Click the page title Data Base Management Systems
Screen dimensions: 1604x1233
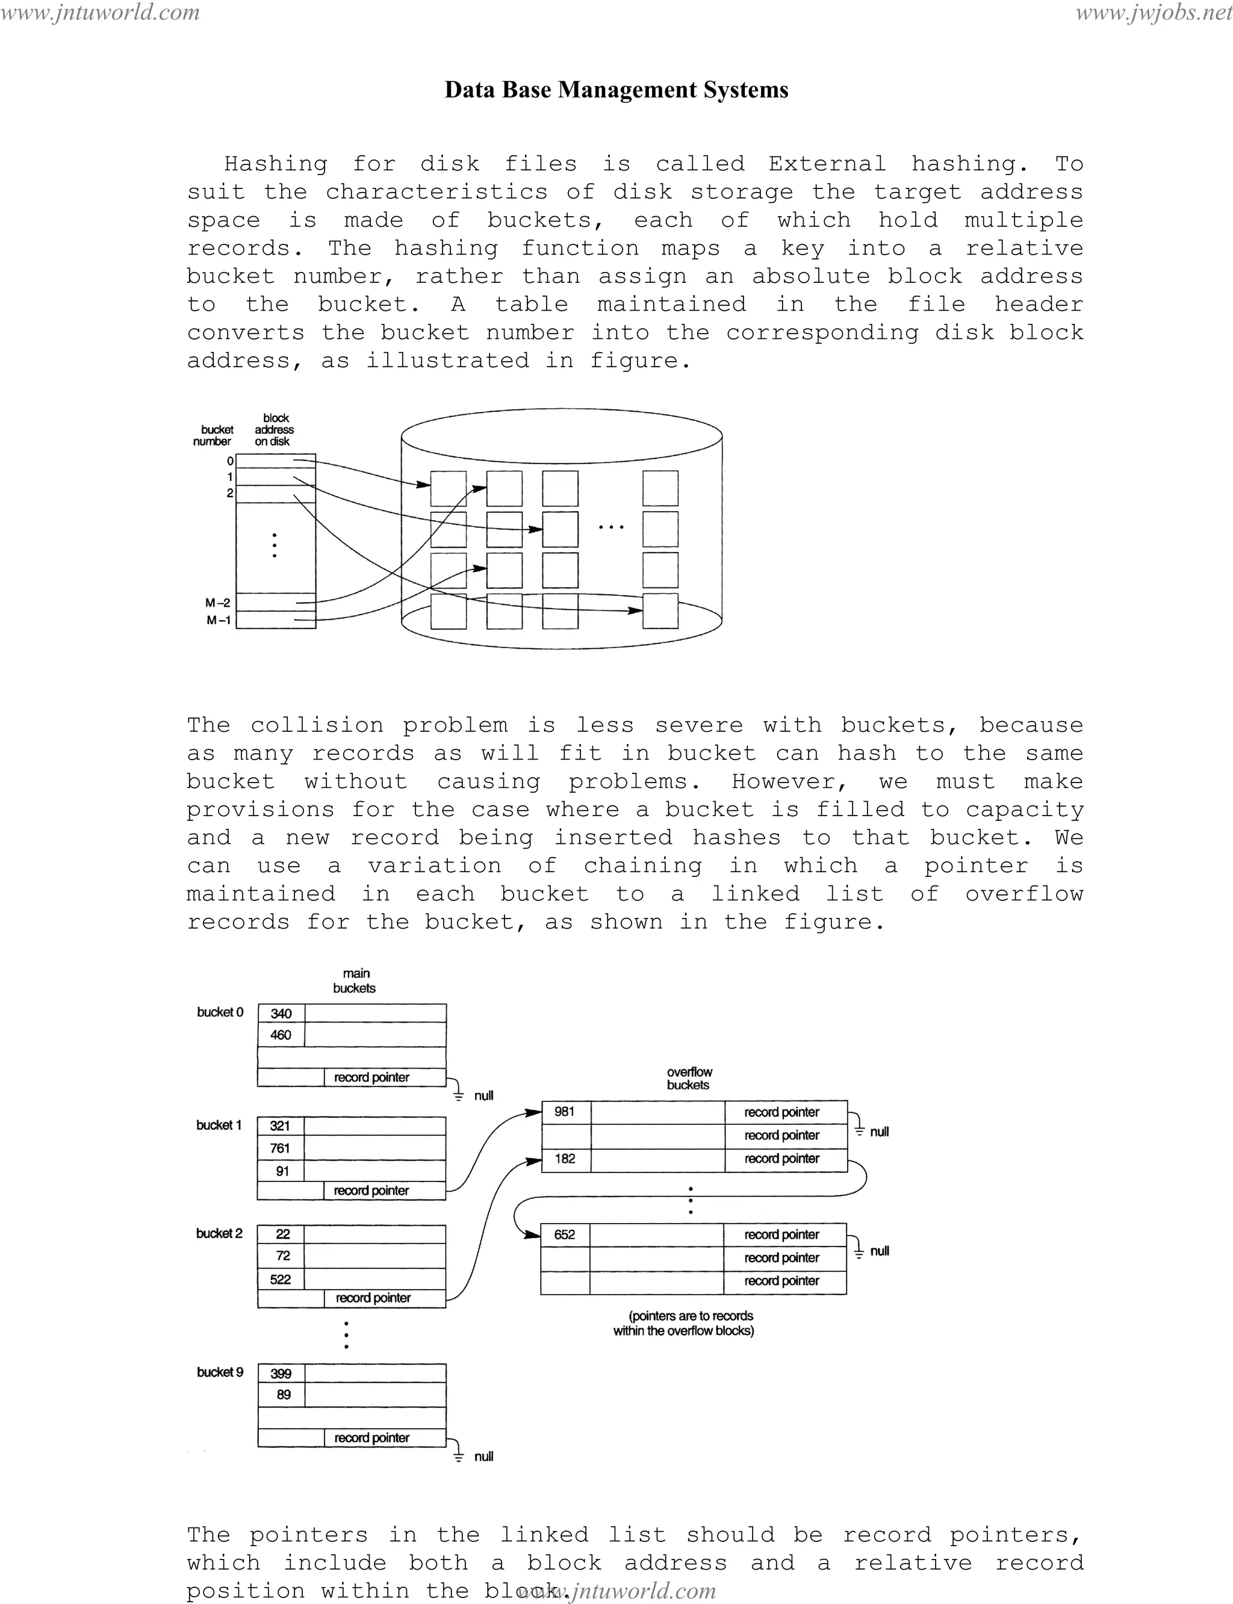pos(616,90)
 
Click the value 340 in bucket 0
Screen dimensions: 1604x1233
pos(281,1014)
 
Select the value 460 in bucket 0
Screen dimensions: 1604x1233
pos(281,1035)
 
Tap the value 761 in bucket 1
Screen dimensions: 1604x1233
pos(281,1148)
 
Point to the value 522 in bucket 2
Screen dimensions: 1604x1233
pos(281,1280)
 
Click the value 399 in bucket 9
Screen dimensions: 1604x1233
pos(281,1373)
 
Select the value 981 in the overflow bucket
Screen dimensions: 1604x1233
pos(564,1112)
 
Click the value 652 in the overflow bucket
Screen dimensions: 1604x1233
pos(564,1235)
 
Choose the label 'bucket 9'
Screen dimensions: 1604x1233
pos(219,1372)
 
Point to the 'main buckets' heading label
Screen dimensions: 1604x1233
pos(355,981)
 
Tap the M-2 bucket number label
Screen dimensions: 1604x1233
pos(218,603)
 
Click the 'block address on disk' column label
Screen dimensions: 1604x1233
pos(275,430)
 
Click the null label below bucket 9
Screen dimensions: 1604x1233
pos(483,1457)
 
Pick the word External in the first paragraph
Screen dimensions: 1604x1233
pos(827,164)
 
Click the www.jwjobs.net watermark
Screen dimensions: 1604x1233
pos(1153,13)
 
